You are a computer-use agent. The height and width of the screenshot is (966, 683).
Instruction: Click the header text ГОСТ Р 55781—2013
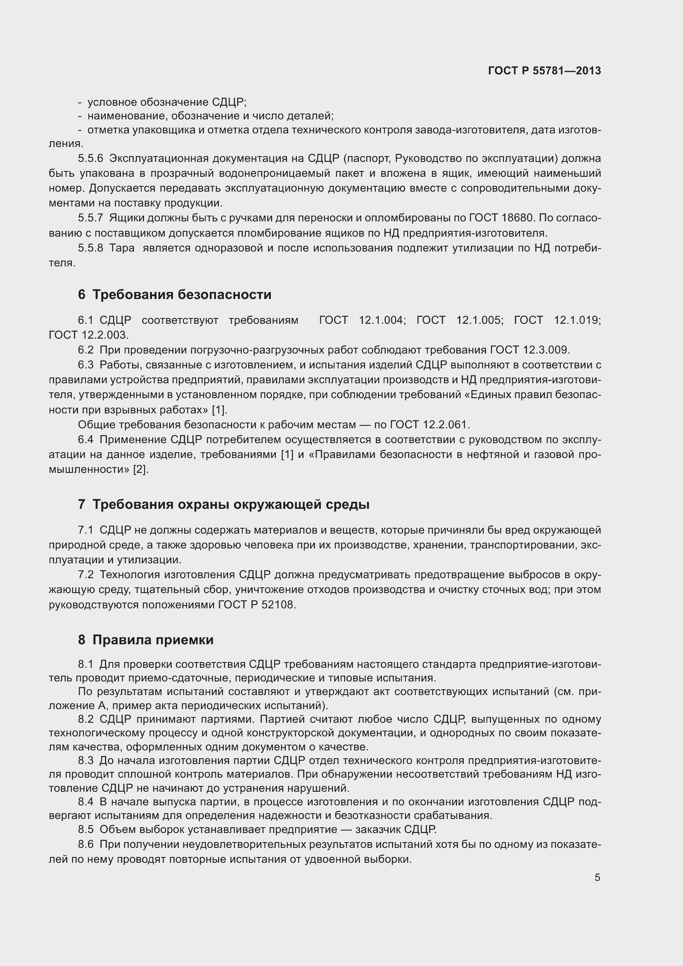point(544,71)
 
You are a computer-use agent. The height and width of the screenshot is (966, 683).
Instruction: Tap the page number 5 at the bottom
point(597,877)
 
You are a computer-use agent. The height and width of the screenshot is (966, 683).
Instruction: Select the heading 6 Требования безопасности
point(175,294)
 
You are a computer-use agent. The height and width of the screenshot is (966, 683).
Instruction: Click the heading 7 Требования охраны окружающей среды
point(223,504)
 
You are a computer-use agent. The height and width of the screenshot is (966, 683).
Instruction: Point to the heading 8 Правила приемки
point(145,640)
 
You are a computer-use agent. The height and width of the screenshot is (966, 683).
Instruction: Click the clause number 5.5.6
point(90,159)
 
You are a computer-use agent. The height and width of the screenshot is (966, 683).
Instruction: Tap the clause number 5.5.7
point(90,218)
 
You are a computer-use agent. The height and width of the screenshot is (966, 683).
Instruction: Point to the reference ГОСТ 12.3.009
point(529,350)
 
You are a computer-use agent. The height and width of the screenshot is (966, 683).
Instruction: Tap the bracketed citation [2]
point(140,470)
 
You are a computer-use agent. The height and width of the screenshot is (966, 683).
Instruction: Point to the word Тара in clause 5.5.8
point(121,248)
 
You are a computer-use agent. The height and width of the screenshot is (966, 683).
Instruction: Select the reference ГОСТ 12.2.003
point(88,335)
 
